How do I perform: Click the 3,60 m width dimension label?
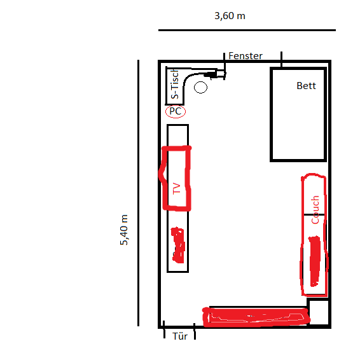pos(230,16)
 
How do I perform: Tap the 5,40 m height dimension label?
pos(124,230)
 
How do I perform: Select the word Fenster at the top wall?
pos(246,56)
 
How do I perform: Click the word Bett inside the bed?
pos(306,86)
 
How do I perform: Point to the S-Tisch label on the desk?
pos(175,84)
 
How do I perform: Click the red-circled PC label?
pos(176,111)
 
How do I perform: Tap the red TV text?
pos(177,188)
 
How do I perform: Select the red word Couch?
pos(315,210)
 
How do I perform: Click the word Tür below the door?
pos(180,336)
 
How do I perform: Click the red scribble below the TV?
pos(178,245)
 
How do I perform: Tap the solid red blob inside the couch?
pos(315,261)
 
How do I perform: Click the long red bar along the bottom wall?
pos(256,317)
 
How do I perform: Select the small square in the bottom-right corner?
pos(319,312)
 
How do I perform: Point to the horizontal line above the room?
pos(247,30)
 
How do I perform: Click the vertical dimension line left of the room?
pos(138,193)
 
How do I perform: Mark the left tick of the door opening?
pos(164,329)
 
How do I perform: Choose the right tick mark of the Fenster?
pos(282,59)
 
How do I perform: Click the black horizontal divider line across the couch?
pos(314,215)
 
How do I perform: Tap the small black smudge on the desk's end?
pos(211,74)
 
